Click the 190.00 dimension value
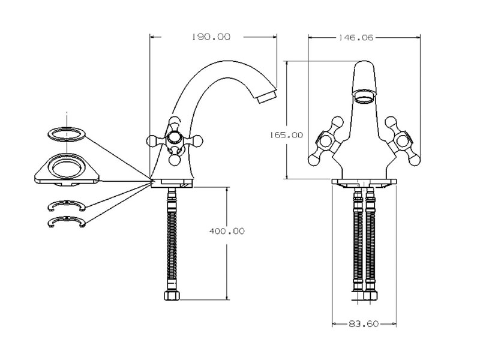(x=211, y=37)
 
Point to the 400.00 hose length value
(x=226, y=231)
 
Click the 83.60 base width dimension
(x=363, y=324)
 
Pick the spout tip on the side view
(x=268, y=96)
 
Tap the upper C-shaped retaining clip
(x=65, y=206)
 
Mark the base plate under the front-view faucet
(x=364, y=182)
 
